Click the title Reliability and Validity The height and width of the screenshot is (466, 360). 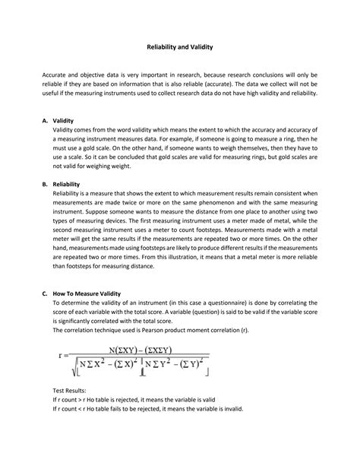(180, 47)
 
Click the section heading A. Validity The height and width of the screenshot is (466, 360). (65, 120)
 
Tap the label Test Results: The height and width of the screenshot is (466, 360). (71, 388)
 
